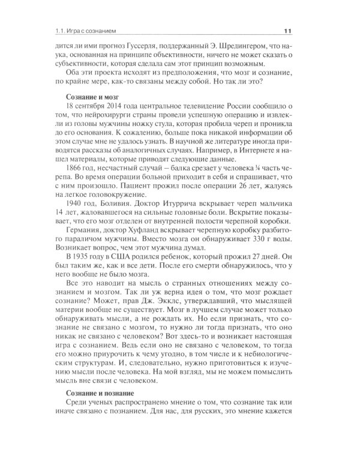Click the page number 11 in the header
tap(287, 31)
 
